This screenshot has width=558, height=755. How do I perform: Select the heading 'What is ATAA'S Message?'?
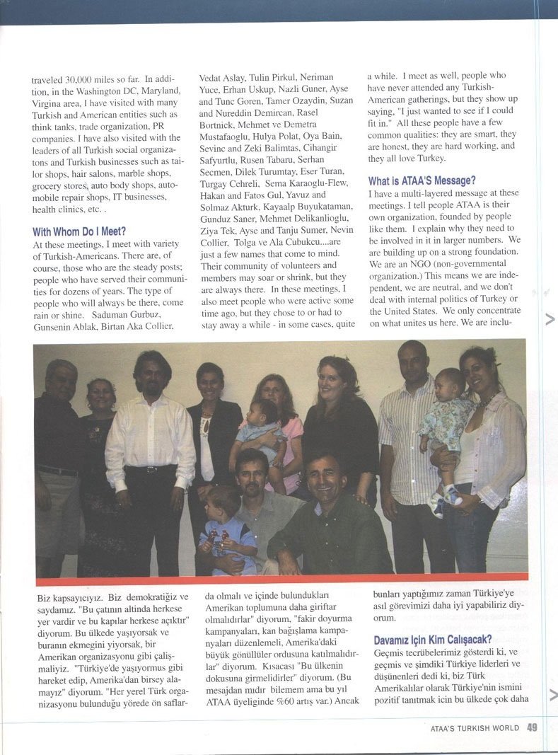click(422, 180)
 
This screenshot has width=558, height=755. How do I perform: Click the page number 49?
click(533, 727)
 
